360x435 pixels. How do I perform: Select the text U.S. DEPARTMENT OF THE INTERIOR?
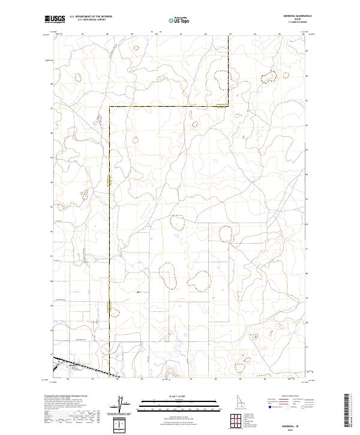(91, 17)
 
